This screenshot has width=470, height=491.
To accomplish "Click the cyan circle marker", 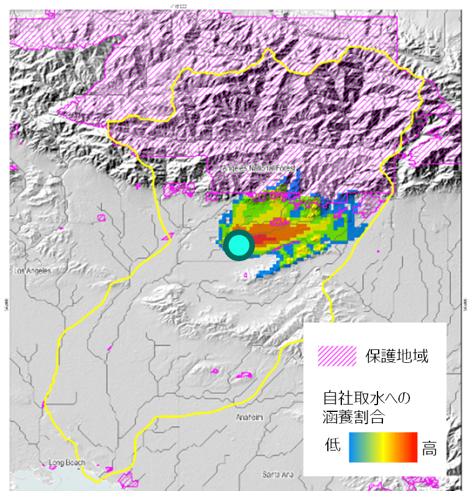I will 238,246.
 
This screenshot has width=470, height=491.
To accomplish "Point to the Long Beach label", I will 67,463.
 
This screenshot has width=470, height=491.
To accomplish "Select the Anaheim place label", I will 249,417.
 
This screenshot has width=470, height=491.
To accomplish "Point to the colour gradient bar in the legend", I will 382,447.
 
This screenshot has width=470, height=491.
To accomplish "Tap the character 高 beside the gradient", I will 430,449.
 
